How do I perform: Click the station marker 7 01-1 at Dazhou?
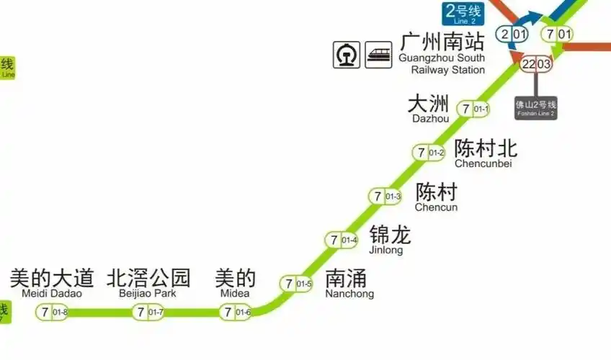[x=476, y=109]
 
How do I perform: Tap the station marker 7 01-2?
[x=429, y=153]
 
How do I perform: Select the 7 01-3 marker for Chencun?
[x=385, y=197]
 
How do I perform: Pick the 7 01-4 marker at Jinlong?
[x=342, y=240]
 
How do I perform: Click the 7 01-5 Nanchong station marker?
[x=297, y=284]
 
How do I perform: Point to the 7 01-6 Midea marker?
[x=236, y=312]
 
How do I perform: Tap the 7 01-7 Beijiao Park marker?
[x=148, y=312]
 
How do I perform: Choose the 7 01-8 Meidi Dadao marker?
[x=53, y=312]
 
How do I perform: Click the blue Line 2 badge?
[x=463, y=14]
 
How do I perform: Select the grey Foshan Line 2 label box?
[x=535, y=108]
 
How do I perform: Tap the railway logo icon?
[x=347, y=55]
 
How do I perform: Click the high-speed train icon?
[x=378, y=55]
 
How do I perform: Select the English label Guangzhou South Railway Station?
[x=442, y=64]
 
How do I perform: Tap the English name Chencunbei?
[x=483, y=164]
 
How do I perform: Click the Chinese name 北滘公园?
[x=149, y=277]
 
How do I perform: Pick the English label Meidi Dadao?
[x=52, y=294]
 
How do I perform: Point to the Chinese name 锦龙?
[x=390, y=235]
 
